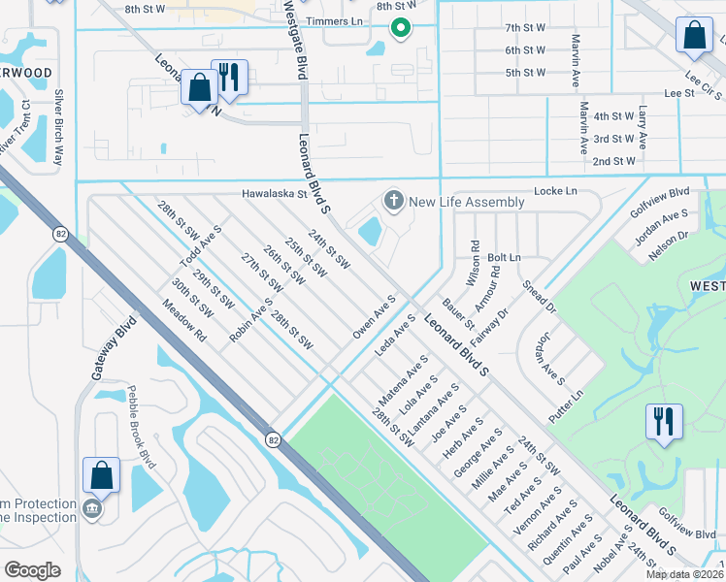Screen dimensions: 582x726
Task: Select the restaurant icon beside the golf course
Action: (664, 422)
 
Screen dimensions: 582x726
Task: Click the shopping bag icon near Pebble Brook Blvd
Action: (101, 475)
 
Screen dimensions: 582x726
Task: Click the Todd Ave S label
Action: (200, 247)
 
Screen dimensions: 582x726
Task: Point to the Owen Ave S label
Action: (375, 317)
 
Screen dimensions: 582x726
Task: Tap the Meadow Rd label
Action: (187, 322)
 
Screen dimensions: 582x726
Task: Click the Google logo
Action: (32, 570)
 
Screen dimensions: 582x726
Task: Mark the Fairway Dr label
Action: (490, 328)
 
